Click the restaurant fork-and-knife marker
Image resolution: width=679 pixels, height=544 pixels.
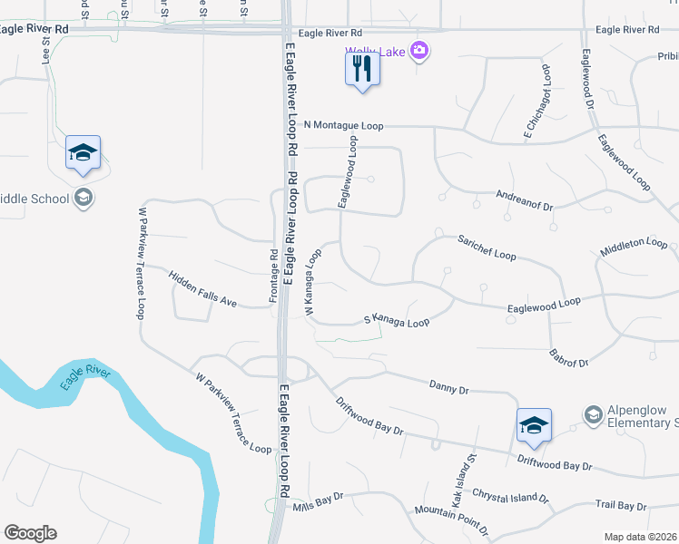pyautogui.click(x=361, y=68)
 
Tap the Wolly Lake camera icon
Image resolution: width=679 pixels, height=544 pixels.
pyautogui.click(x=418, y=50)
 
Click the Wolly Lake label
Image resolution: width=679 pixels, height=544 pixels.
pyautogui.click(x=374, y=52)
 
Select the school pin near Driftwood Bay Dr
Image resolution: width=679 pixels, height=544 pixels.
pyautogui.click(x=534, y=425)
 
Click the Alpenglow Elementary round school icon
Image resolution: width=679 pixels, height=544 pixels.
pyautogui.click(x=593, y=414)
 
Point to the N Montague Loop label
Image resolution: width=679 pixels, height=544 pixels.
pyautogui.click(x=344, y=125)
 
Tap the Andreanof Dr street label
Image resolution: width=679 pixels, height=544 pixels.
pyautogui.click(x=524, y=200)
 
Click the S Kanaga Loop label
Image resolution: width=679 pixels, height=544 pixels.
pyautogui.click(x=396, y=320)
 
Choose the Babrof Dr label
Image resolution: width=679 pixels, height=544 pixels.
pyautogui.click(x=569, y=356)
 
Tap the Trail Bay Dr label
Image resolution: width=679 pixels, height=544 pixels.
pyautogui.click(x=621, y=505)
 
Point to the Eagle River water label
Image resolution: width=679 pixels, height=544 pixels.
pyautogui.click(x=84, y=376)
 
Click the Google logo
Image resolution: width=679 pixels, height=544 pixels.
pyautogui.click(x=30, y=533)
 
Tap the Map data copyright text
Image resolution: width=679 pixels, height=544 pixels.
pyautogui.click(x=641, y=537)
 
